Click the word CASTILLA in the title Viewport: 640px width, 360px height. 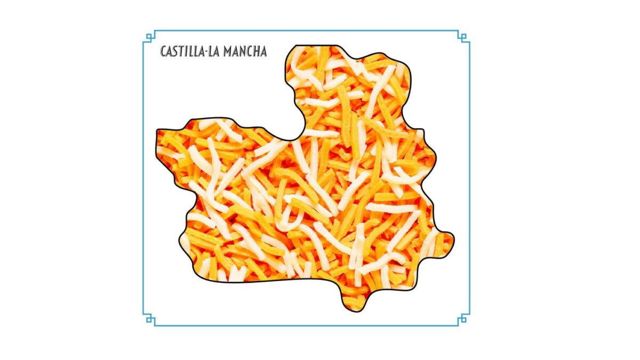182,52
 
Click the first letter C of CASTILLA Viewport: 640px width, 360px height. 164,52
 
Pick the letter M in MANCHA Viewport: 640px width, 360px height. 228,52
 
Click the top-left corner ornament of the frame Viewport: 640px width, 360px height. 149,37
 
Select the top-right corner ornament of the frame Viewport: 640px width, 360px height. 463,37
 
